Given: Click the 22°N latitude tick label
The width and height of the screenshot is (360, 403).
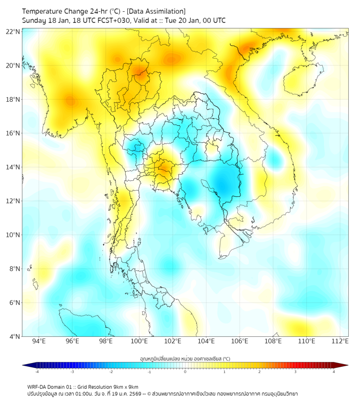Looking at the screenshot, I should [13, 31].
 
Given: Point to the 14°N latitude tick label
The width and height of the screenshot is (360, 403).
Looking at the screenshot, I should [13, 167].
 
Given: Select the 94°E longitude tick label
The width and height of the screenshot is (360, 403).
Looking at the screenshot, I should [39, 341].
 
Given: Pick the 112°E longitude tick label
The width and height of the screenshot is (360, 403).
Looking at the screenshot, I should [340, 341].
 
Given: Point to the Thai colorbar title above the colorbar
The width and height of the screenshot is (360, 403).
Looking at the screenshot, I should [185, 358].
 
